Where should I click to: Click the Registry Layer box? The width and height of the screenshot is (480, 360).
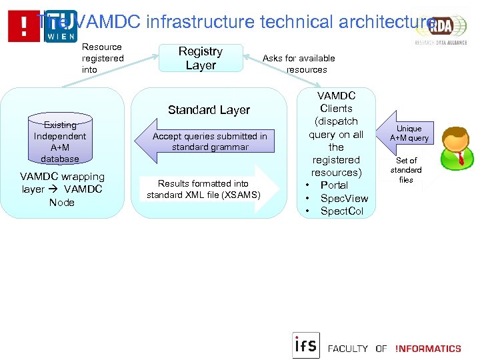point(201,59)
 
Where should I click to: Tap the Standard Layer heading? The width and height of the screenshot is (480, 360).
point(209,110)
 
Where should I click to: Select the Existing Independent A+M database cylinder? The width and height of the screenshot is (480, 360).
point(60,139)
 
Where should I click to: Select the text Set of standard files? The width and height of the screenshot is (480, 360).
point(406,170)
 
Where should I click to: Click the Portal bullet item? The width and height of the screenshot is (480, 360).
point(334,185)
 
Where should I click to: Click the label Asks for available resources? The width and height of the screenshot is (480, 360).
point(299,64)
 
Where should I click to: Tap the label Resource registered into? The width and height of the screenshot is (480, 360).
point(102,59)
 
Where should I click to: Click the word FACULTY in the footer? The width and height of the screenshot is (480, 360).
point(348,349)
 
